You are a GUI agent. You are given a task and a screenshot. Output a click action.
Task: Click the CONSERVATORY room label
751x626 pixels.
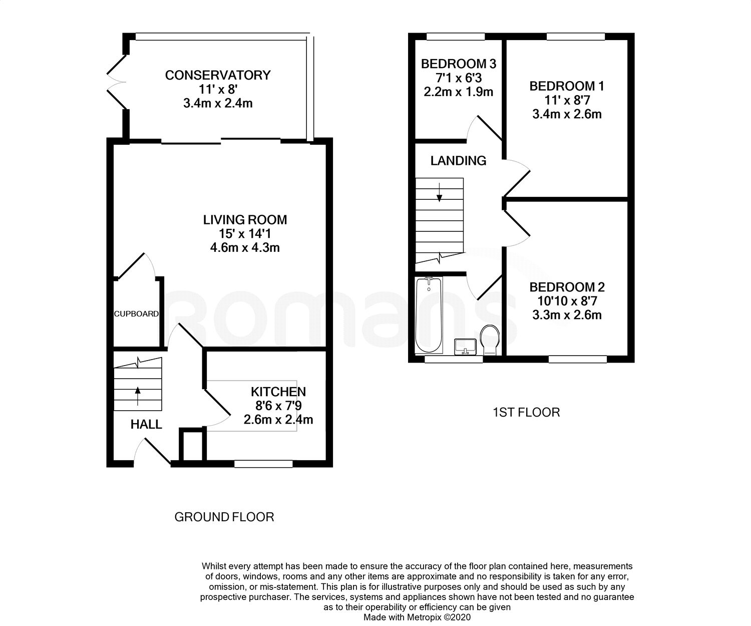pos(218,75)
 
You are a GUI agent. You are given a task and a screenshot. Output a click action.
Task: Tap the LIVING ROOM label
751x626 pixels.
pos(245,220)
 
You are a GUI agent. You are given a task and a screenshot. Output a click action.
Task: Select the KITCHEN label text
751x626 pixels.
pos(278,392)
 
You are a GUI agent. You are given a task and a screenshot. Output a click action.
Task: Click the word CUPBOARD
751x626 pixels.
pos(136,314)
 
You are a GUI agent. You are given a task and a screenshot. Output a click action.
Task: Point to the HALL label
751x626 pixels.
pos(146,425)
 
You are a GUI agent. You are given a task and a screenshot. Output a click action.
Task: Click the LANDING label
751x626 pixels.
pos(458,160)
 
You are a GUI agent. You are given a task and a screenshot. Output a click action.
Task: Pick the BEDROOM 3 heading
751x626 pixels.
pos(459,64)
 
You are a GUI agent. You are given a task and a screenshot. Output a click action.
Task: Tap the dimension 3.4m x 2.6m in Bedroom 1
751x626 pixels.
pos(567,114)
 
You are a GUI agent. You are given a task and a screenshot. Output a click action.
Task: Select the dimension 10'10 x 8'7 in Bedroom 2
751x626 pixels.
pos(567,301)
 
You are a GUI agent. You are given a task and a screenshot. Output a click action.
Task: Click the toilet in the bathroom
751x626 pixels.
pos(490,340)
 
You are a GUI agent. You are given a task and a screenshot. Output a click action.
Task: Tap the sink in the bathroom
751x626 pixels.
pos(466,347)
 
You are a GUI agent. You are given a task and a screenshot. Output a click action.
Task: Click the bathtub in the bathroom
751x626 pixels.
pos(429,315)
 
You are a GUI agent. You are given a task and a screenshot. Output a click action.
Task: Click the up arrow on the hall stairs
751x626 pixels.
pos(138,396)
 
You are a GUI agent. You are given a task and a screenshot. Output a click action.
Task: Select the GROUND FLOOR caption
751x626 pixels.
pos(224,517)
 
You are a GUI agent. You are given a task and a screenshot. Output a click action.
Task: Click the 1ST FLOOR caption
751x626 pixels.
pos(526,412)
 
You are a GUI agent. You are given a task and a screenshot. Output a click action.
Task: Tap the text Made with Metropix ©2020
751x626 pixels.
pos(417,617)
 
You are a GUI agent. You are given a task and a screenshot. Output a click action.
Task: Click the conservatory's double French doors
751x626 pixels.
pos(117,82)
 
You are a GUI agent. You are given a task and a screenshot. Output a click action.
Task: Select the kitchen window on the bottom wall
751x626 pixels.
pos(263,464)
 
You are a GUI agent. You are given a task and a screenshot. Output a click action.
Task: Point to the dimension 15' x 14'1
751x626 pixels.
pos(245,234)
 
